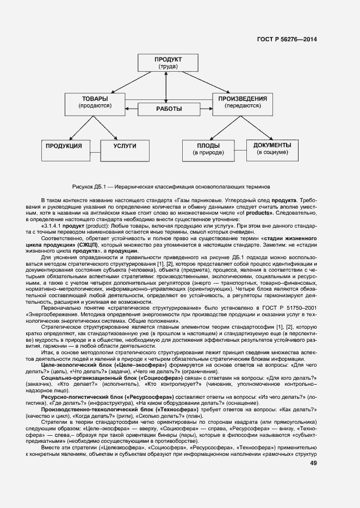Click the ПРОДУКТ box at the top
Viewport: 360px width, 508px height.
click(x=168, y=63)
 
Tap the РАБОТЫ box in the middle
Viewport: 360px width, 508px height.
click(x=169, y=109)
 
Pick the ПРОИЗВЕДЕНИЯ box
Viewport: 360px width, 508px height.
click(x=242, y=102)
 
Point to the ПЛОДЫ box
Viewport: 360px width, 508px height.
click(x=208, y=149)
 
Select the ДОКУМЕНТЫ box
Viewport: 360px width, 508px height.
click(x=272, y=149)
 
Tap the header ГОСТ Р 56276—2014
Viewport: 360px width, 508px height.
click(x=287, y=39)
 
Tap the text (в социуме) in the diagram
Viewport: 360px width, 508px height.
click(x=272, y=153)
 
